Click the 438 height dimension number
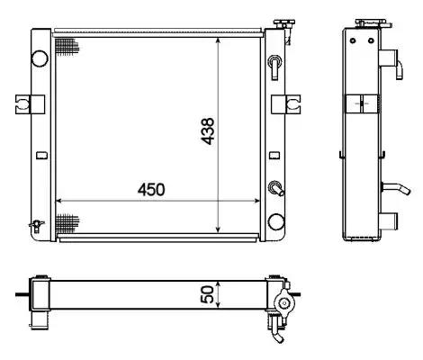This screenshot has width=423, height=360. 208,131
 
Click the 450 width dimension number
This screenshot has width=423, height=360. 151,190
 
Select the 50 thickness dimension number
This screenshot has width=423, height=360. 208,294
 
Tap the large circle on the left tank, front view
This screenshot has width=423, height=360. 40,58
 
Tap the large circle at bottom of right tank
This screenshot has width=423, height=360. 276,222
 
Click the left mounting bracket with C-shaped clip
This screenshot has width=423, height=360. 30,104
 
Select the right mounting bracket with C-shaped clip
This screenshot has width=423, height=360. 286,104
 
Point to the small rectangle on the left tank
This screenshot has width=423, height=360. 41,156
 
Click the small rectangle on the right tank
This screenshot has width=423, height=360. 274,156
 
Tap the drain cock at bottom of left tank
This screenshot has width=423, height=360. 36,226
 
